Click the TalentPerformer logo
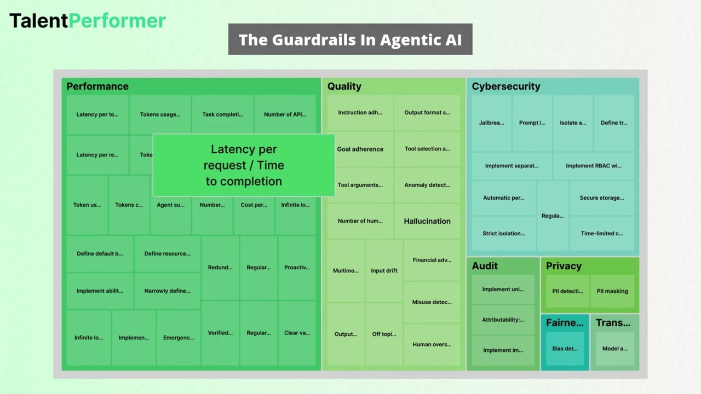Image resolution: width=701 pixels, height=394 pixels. pyautogui.click(x=88, y=21)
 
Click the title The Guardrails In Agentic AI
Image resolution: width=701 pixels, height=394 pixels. pyautogui.click(x=350, y=39)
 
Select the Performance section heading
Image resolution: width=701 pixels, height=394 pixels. pyautogui.click(x=97, y=86)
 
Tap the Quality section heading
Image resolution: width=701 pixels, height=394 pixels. pyautogui.click(x=344, y=86)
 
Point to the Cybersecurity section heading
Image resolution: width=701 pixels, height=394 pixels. pyautogui.click(x=505, y=86)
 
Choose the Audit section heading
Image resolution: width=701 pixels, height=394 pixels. pyautogui.click(x=485, y=266)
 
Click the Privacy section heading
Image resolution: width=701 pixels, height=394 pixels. pyautogui.click(x=564, y=266)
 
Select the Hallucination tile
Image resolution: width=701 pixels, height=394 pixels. pyautogui.click(x=427, y=221)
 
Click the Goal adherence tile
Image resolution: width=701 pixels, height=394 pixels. pyautogui.click(x=360, y=149)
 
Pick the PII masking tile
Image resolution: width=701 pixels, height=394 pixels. pyautogui.click(x=612, y=291)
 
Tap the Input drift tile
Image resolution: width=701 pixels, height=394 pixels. pyautogui.click(x=384, y=270)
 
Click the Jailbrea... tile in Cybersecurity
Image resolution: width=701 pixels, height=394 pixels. pyautogui.click(x=491, y=123)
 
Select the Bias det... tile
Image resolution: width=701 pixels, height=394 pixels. pyautogui.click(x=565, y=349)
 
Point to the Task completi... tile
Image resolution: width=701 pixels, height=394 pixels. pyautogui.click(x=222, y=114)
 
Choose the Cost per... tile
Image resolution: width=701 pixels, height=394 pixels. pyautogui.click(x=254, y=205)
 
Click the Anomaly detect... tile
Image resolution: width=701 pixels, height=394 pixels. pyautogui.click(x=427, y=185)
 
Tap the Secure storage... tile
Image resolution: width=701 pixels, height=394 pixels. pyautogui.click(x=602, y=198)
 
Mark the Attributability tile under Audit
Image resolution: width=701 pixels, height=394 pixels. pyautogui.click(x=503, y=320)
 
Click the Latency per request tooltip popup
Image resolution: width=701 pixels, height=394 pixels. pyautogui.click(x=244, y=165)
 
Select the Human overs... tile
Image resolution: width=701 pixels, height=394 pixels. pyautogui.click(x=432, y=344)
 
